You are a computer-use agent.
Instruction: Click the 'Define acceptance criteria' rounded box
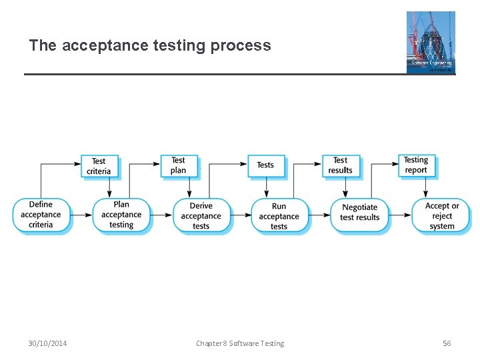41,215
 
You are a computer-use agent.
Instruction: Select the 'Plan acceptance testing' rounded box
121,215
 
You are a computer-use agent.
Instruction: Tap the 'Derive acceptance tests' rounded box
201,215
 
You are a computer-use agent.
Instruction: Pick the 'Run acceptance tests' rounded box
279,215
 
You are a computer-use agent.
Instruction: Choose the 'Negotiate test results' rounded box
359,215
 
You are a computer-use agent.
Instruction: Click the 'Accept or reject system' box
441,215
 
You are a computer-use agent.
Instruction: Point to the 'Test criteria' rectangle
99,166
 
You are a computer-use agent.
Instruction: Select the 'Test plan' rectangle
179,165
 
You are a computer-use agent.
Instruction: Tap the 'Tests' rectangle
265,165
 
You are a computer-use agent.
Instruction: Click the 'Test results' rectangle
340,165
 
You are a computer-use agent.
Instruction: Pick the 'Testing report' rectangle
416,165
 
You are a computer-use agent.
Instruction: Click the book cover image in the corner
431,42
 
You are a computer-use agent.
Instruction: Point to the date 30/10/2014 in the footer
47,343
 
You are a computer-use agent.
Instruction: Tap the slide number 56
447,343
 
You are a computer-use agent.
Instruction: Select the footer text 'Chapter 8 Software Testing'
240,343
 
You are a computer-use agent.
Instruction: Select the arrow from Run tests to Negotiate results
320,215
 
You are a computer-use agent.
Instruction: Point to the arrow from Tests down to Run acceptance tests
266,188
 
